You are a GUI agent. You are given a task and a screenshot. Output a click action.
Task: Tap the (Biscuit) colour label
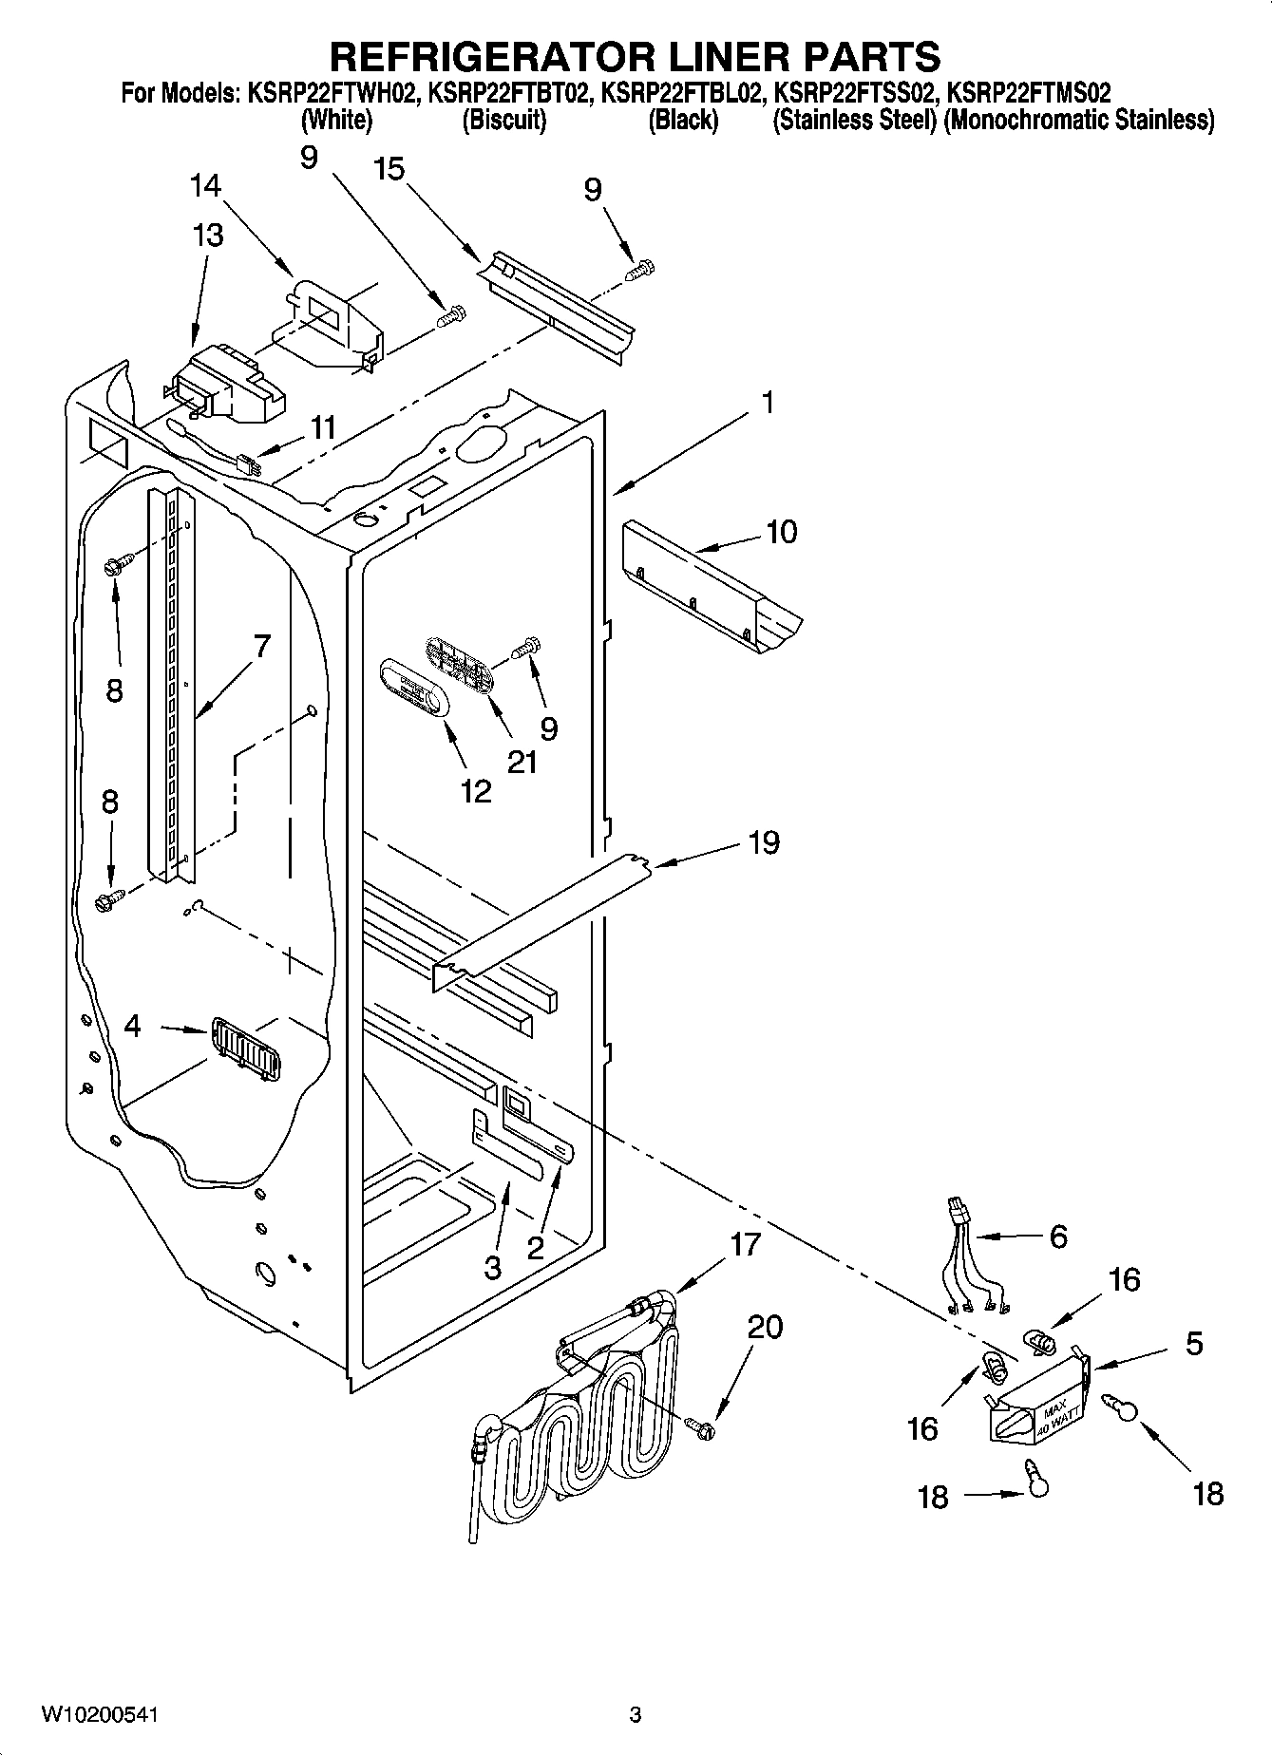503,121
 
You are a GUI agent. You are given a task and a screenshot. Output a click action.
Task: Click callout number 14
205,185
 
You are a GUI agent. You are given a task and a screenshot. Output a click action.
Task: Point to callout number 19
763,842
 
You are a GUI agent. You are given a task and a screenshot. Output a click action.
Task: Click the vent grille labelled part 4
245,1048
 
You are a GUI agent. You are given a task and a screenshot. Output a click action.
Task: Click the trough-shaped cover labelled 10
708,594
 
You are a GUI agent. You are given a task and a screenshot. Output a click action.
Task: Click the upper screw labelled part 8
112,568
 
